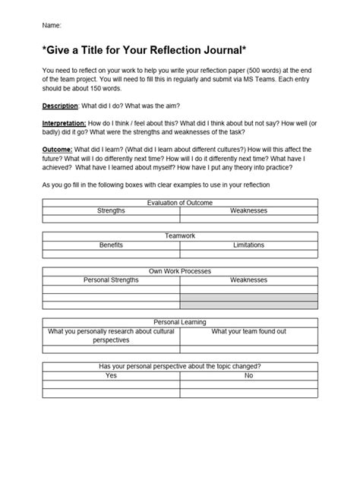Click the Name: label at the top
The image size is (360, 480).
pos(52,25)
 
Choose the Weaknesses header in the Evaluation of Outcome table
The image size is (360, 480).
pos(248,210)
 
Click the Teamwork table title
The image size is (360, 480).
pos(180,236)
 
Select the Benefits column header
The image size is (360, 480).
pos(111,245)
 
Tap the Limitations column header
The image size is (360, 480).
pos(248,245)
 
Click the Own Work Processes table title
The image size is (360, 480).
pos(180,271)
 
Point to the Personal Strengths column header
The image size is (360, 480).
pos(111,280)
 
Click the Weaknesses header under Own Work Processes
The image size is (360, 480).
pos(248,280)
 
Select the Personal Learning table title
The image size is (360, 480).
pos(180,322)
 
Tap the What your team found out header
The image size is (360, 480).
pos(248,331)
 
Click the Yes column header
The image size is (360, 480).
pos(111,375)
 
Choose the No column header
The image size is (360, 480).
pos(248,375)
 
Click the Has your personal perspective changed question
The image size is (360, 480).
pos(180,366)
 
